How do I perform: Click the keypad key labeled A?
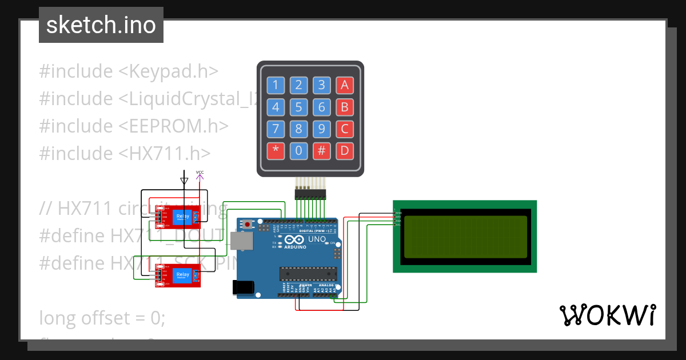(344, 86)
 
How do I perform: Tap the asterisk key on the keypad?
(276, 151)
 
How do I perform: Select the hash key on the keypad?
(322, 151)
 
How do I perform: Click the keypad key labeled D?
(344, 151)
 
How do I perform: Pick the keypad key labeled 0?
(298, 151)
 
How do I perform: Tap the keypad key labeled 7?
(276, 129)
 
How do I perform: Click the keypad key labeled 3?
(322, 86)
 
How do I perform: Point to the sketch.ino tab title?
(101, 25)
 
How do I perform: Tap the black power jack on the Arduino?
(244, 287)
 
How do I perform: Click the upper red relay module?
(177, 216)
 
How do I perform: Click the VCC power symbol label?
(200, 172)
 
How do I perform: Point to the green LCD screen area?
(465, 237)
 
